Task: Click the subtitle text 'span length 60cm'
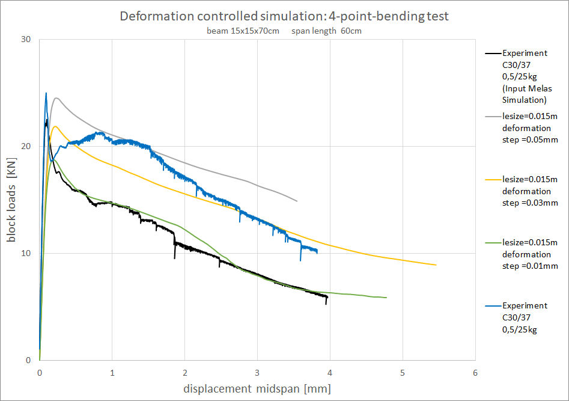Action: (327, 31)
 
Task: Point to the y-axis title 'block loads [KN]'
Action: (12, 200)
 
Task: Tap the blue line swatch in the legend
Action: (491, 306)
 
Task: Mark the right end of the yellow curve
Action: (436, 265)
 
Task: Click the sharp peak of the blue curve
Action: (46, 93)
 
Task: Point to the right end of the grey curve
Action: (297, 201)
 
